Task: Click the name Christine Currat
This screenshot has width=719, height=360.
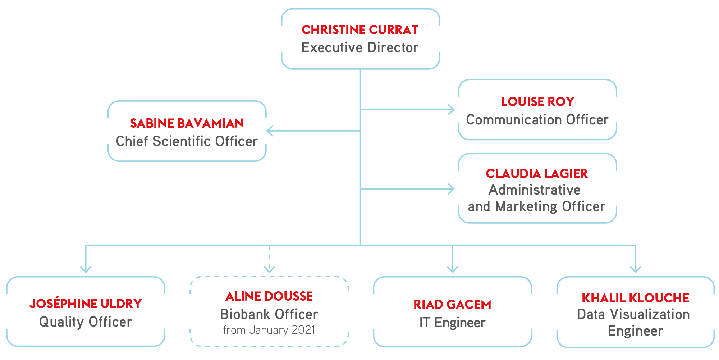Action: pos(360,30)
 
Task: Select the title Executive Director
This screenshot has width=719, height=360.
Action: pos(360,47)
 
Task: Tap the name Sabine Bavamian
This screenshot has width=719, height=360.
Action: pos(187,123)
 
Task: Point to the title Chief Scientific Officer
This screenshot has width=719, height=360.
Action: pos(187,141)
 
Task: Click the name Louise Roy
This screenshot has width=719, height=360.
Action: pos(537,102)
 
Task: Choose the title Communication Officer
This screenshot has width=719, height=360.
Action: pos(537,120)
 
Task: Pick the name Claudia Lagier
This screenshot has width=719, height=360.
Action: pos(537,174)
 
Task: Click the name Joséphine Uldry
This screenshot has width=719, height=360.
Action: pos(86,304)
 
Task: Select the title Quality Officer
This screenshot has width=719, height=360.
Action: pos(86,322)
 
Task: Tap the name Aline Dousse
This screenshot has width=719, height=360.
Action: pos(269,296)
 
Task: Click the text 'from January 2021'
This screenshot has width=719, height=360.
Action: pos(269,330)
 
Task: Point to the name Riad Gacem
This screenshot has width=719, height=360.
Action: pos(452,305)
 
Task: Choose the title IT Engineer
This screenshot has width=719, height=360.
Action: pos(452,323)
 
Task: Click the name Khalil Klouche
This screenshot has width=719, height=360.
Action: pos(635,298)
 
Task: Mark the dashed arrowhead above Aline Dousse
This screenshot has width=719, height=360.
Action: pos(269,269)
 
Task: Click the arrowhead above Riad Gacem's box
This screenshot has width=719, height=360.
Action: pos(453,269)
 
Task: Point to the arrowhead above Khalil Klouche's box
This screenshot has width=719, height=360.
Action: pos(636,269)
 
